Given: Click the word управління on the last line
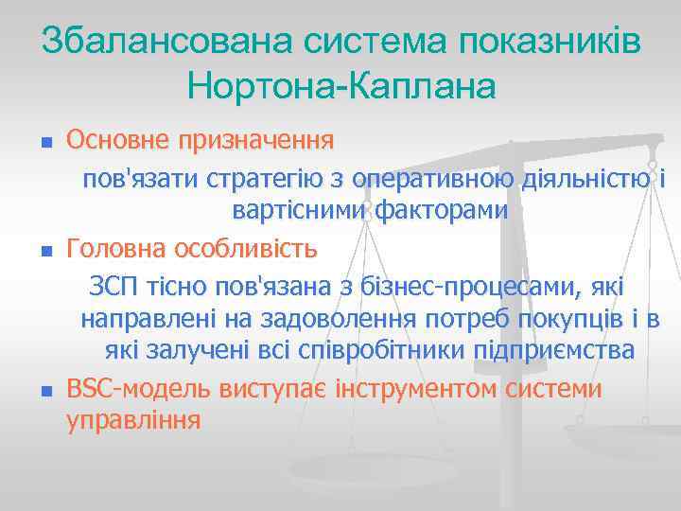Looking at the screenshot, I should (132, 419).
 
